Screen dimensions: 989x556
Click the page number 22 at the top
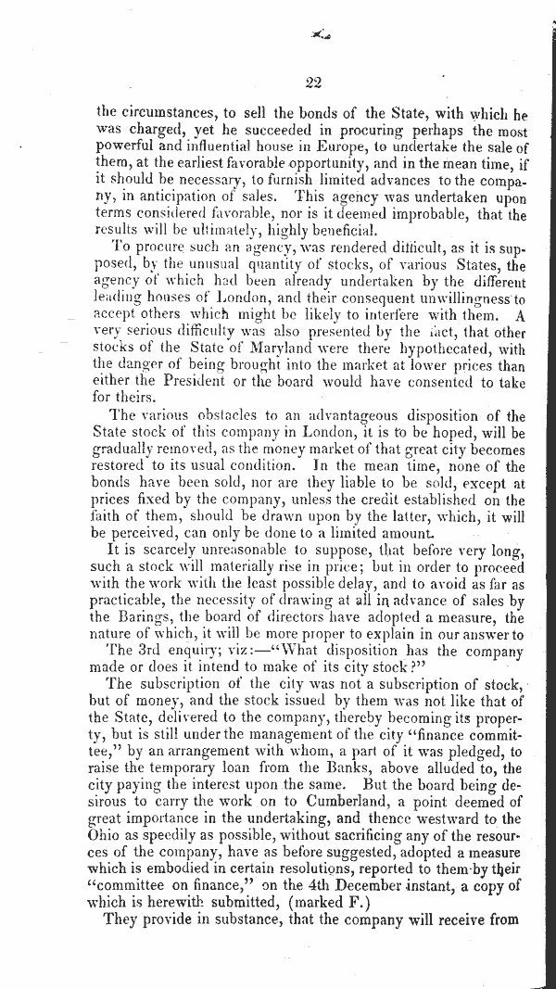point(311,83)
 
